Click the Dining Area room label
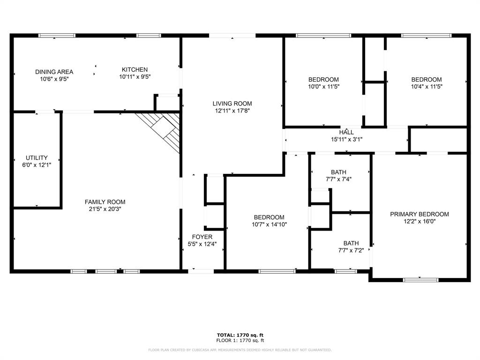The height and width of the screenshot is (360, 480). [x=54, y=72]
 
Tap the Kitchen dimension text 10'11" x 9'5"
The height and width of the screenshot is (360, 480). [x=135, y=76]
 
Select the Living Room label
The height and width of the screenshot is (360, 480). [x=232, y=104]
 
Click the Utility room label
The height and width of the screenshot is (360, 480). [x=37, y=158]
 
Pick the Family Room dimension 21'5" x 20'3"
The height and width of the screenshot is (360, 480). [x=105, y=209]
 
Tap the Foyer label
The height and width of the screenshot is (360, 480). [x=202, y=237]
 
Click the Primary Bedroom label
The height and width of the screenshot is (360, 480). [x=420, y=214]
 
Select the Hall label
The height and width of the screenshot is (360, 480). [x=346, y=132]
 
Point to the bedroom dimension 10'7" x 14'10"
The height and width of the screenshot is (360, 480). [x=269, y=224]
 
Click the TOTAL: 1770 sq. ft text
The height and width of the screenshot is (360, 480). [x=240, y=335]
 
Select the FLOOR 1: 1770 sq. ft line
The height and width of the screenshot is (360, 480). [x=240, y=340]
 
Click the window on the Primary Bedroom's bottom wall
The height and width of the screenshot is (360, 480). [x=420, y=280]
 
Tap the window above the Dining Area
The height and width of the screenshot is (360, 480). [x=57, y=35]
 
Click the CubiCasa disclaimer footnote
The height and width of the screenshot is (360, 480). [x=240, y=350]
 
